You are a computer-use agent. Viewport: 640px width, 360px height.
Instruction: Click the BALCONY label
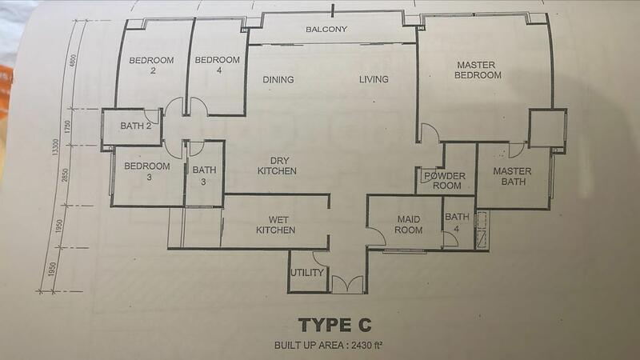326,29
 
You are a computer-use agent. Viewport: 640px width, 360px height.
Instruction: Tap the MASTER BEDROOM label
477,70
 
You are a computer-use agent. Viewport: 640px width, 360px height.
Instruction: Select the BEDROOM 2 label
151,66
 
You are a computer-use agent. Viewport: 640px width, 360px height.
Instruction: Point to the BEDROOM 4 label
217,65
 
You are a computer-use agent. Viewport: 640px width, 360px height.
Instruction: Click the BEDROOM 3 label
147,171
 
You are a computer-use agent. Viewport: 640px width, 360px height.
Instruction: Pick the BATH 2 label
135,126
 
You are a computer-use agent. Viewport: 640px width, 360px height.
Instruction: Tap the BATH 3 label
204,175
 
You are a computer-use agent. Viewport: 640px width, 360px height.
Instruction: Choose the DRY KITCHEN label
277,166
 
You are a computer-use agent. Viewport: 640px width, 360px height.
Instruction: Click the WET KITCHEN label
276,225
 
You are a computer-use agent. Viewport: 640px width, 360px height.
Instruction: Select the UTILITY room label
307,272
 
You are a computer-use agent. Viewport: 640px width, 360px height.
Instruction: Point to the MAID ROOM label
409,225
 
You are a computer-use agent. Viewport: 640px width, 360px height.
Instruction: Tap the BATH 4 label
457,222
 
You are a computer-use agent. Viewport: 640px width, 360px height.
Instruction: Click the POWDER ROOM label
446,181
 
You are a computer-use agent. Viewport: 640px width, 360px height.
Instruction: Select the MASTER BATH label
512,176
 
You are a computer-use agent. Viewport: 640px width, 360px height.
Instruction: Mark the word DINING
278,79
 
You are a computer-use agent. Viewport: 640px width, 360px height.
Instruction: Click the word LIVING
374,79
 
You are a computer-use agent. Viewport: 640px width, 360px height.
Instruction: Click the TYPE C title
334,325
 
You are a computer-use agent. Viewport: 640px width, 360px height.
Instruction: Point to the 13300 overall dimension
55,146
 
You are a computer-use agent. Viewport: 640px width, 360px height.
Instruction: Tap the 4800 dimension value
74,61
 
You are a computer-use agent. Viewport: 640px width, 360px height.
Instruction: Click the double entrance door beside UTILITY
347,285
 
